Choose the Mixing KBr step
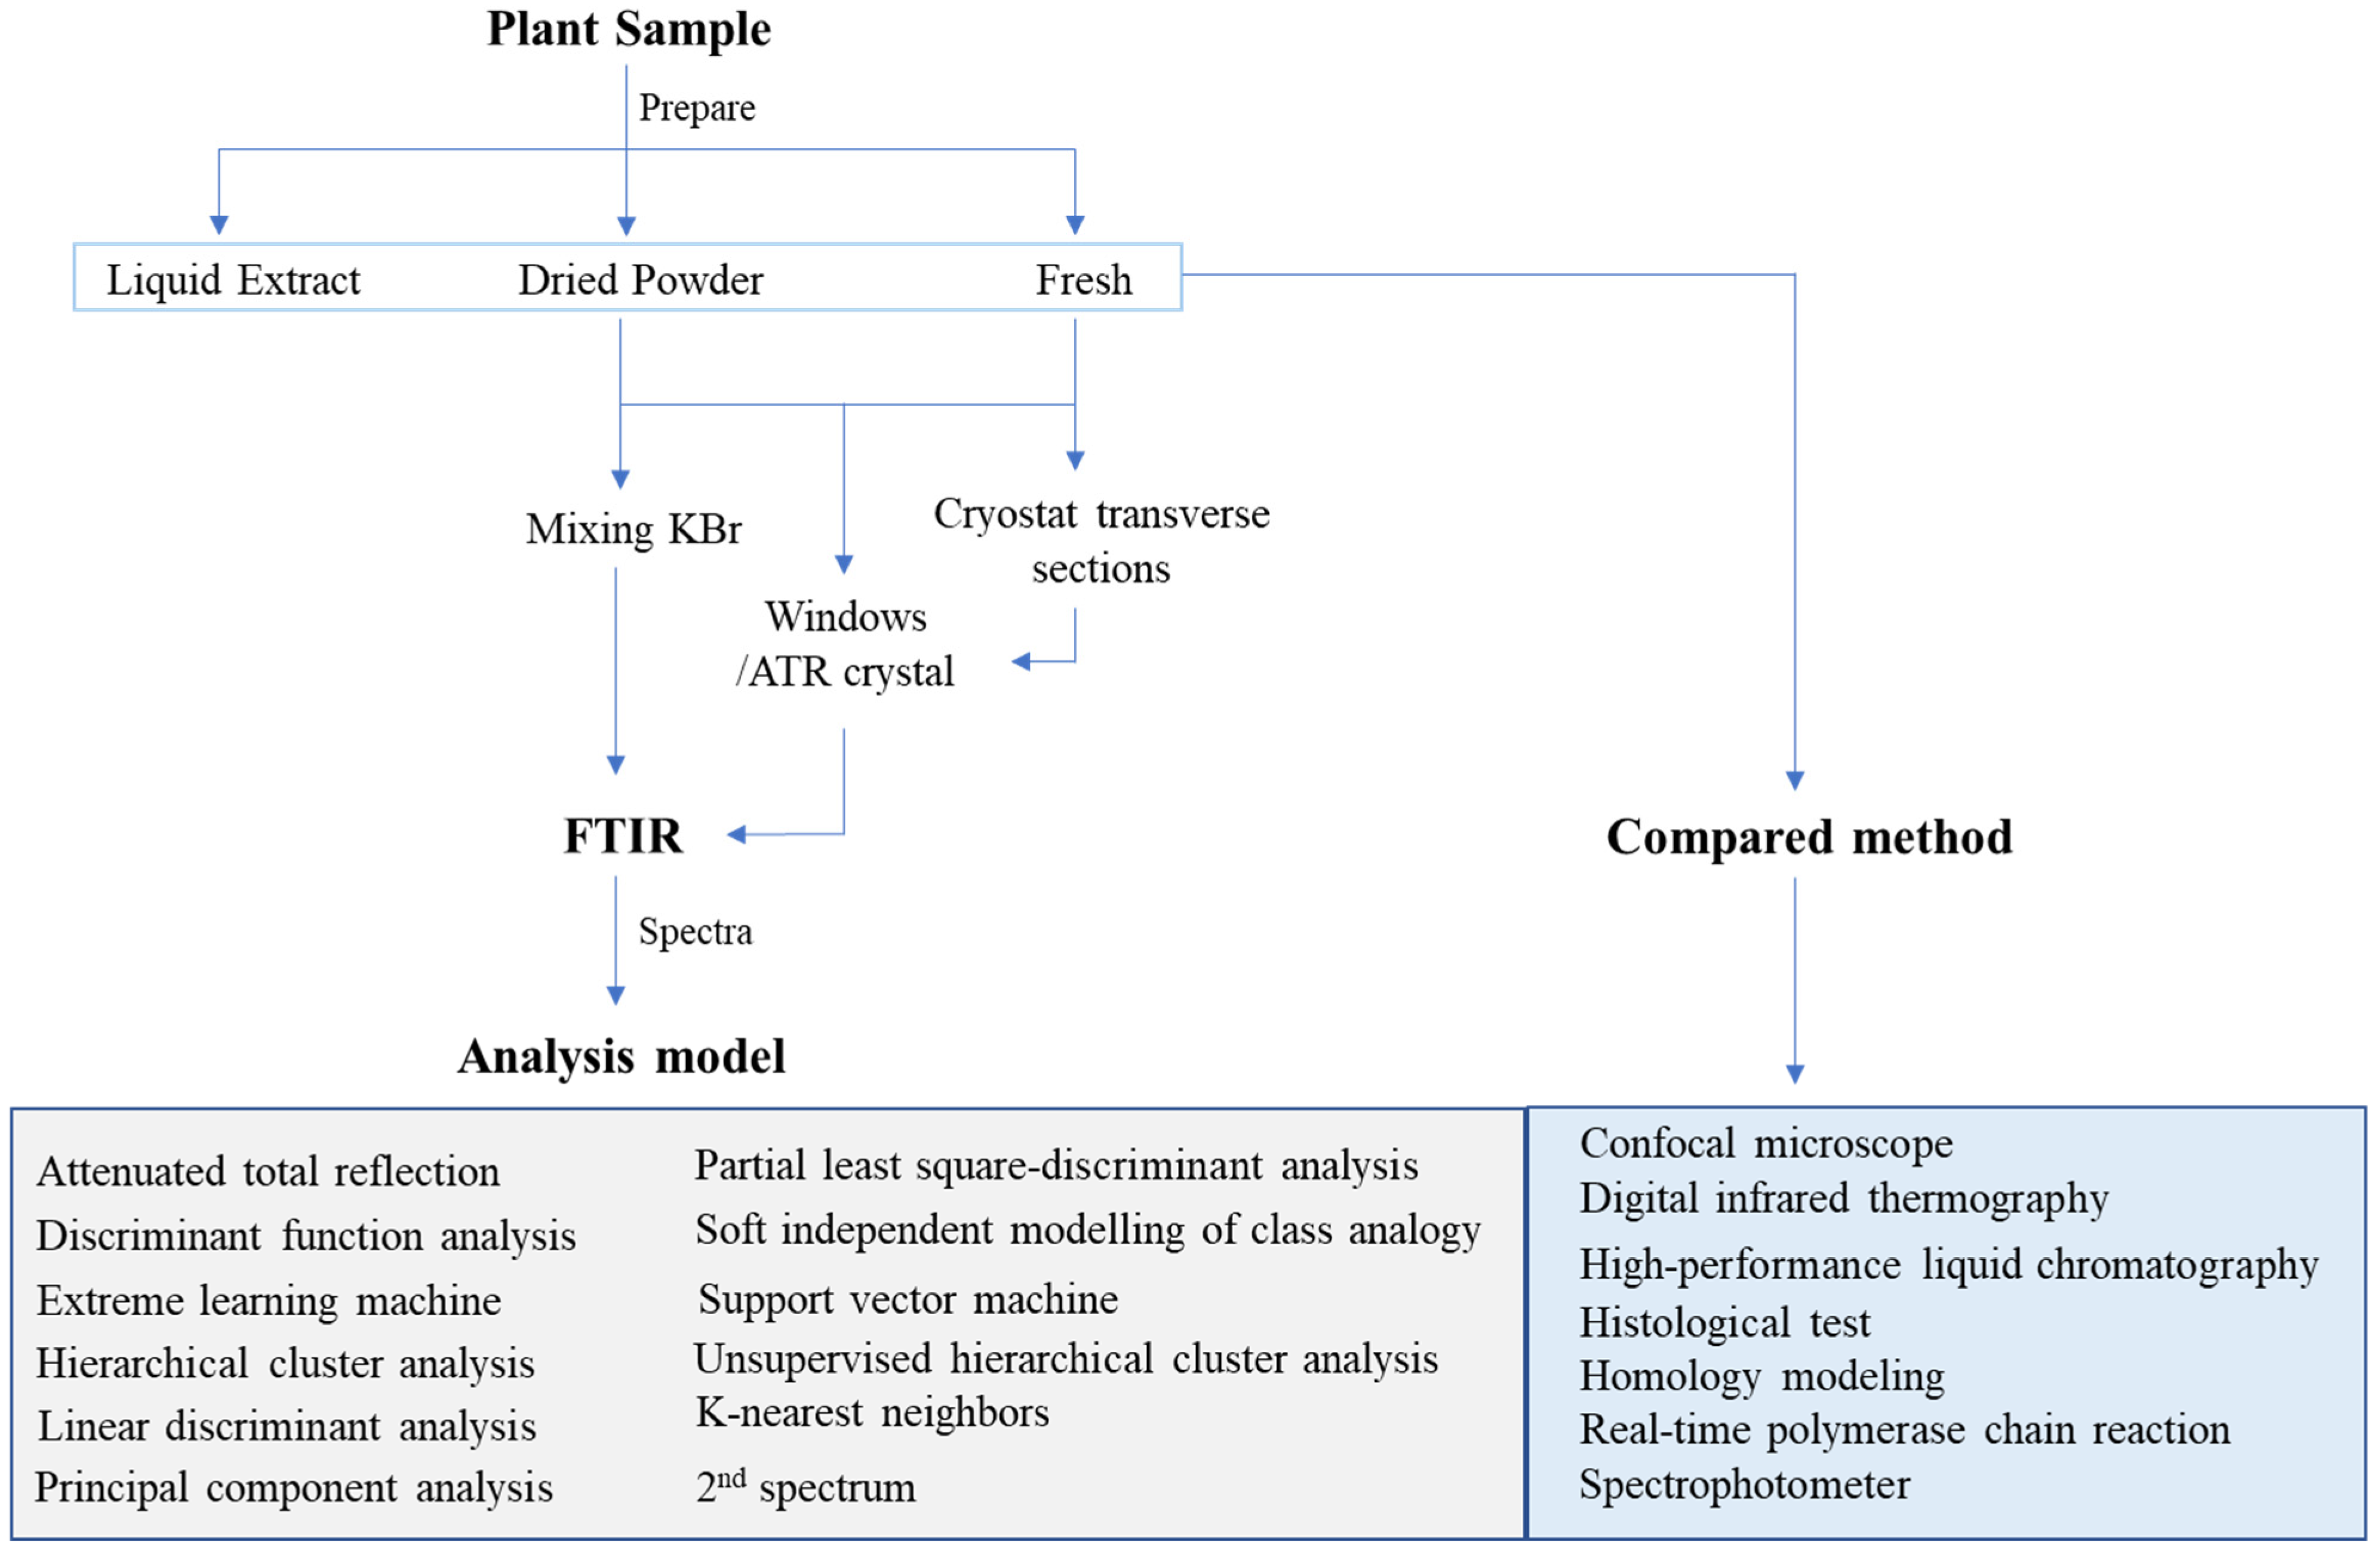pos(633,529)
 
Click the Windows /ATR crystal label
pos(845,644)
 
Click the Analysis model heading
pos(621,1057)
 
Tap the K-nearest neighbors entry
pos(872,1412)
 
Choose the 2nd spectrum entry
pos(805,1486)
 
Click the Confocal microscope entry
pos(1765,1144)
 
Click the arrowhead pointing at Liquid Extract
pos(219,224)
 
